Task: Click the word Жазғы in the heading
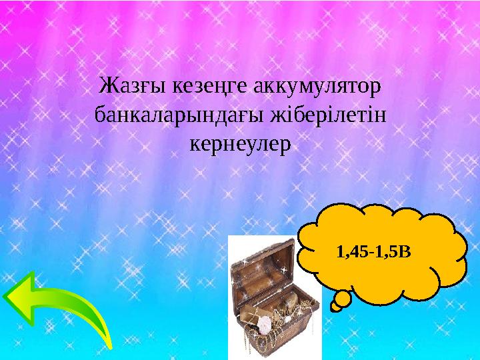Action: click(x=125, y=86)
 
